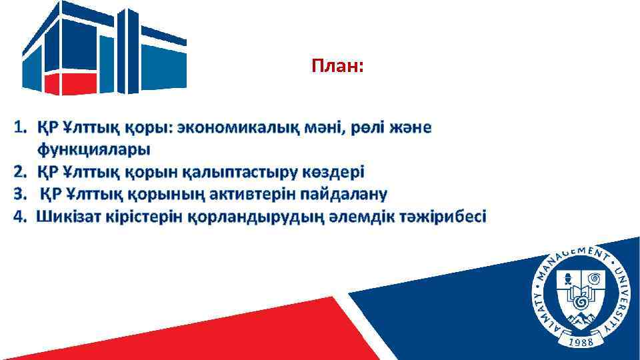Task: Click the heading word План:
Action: (337, 66)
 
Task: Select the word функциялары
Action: (93, 148)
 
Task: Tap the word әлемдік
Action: (359, 217)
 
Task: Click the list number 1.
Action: (21, 127)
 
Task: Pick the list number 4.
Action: (21, 217)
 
